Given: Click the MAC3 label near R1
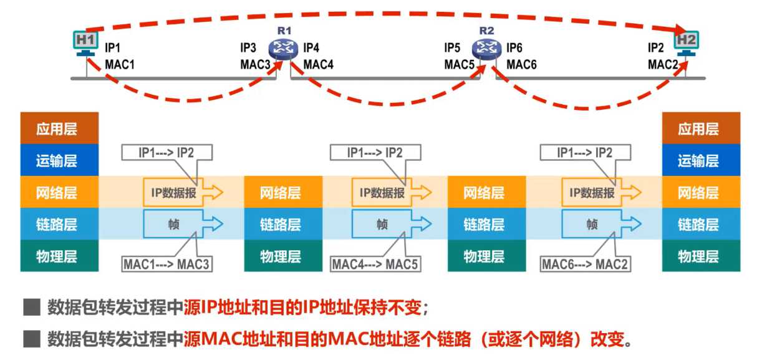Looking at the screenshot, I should tap(255, 64).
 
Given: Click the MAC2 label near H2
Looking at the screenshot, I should tap(662, 64).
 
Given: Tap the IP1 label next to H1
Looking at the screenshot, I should tap(112, 47).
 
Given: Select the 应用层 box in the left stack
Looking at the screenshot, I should tap(59, 129).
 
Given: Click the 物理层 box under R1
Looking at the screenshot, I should tap(281, 256).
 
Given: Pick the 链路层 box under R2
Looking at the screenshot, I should tap(485, 225).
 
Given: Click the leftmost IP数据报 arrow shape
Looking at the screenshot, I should tap(182, 193).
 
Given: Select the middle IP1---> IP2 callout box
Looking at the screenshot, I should tap(376, 152).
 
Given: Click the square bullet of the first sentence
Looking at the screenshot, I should tap(31, 308).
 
